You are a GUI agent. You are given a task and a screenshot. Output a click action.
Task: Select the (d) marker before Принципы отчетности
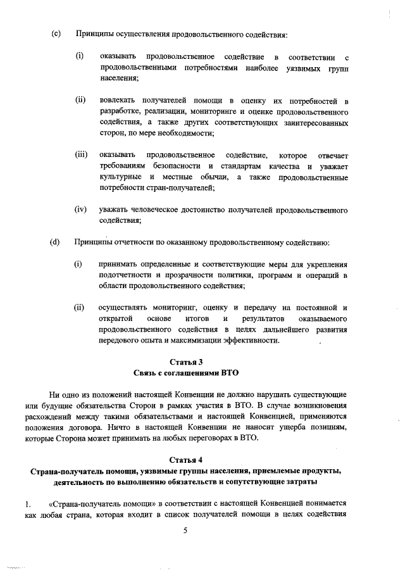tap(55, 242)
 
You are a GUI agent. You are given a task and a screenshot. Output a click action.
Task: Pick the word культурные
tap(120, 177)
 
